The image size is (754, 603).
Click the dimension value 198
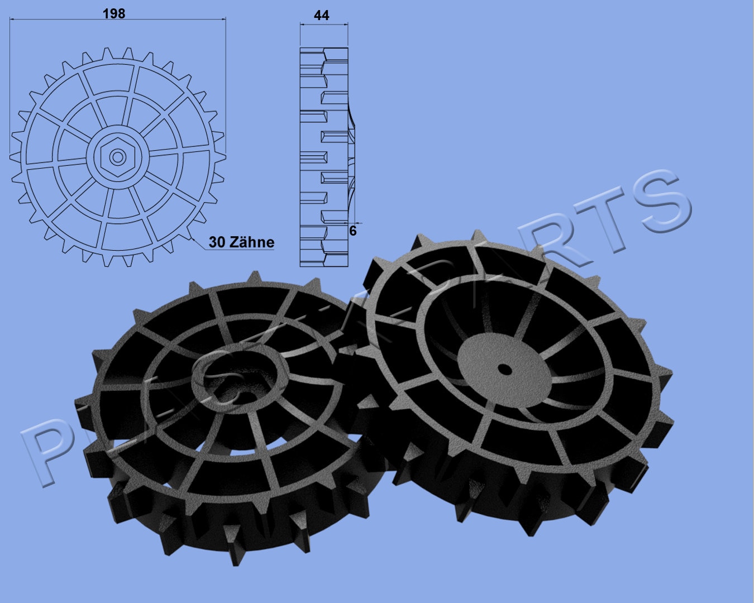coord(114,13)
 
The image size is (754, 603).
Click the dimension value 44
coord(322,15)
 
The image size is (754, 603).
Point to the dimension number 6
coord(352,230)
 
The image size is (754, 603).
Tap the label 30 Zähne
coord(241,242)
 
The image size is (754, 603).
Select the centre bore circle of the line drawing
coord(117,157)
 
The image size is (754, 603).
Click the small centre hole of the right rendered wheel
coord(505,369)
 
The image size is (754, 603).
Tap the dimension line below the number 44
coord(324,25)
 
